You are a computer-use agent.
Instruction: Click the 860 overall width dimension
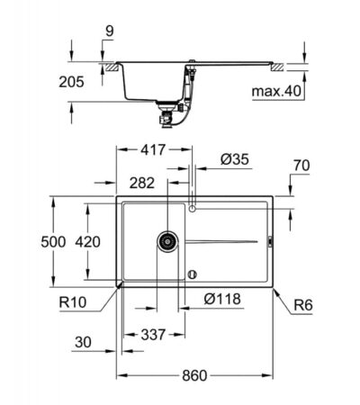(194, 375)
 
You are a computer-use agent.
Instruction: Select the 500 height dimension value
(53, 242)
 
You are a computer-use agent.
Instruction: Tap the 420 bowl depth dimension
(87, 242)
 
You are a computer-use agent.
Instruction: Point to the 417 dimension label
(153, 149)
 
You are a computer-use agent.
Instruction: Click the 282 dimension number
(142, 183)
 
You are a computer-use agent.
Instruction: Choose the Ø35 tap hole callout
(235, 159)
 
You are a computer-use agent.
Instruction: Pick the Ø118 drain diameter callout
(222, 299)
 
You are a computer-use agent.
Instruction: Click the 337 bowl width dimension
(153, 335)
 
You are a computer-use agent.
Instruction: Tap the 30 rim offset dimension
(83, 342)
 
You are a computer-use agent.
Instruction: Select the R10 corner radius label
(73, 302)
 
